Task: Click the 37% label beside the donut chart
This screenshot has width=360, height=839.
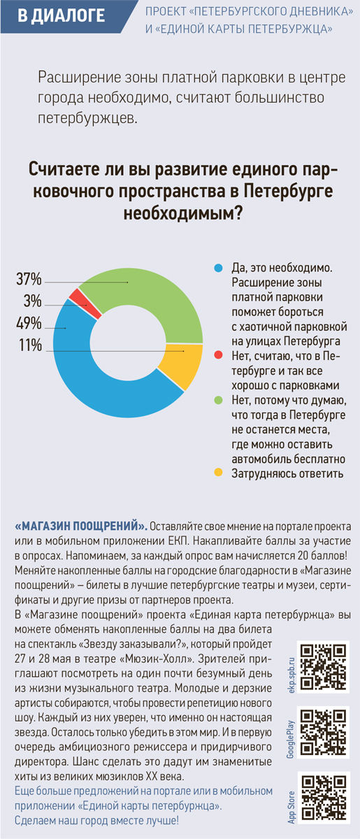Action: [29, 279]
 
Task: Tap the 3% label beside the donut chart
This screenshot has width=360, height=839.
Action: [33, 301]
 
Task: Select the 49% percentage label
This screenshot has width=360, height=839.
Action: [29, 323]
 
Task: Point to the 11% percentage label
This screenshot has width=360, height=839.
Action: [30, 345]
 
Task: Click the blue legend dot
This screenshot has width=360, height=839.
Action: [218, 268]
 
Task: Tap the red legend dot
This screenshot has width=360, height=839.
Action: [218, 354]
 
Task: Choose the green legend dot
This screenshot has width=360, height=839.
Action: [218, 400]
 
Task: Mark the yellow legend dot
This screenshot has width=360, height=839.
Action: [218, 473]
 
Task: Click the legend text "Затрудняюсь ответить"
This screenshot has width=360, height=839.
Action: [287, 474]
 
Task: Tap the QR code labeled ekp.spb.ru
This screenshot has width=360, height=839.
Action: [323, 667]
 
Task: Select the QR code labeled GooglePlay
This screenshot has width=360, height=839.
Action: [323, 732]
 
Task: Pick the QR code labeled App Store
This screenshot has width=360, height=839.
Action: [324, 798]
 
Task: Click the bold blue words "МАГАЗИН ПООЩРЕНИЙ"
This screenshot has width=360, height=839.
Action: [80, 526]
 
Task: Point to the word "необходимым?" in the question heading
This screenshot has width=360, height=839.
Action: [183, 213]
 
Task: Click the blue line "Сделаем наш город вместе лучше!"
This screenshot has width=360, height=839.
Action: [96, 821]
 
